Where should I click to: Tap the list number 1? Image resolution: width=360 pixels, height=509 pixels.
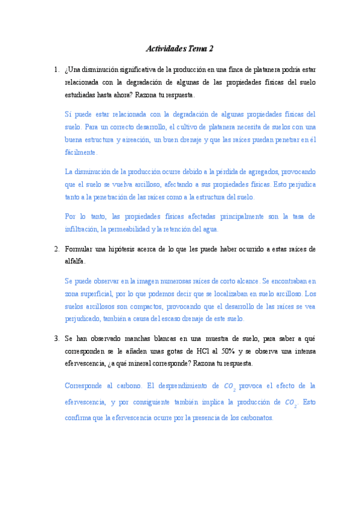(x=56, y=69)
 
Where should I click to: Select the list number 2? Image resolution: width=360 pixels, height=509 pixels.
(x=56, y=248)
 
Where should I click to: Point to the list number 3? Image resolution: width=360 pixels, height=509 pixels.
(x=56, y=338)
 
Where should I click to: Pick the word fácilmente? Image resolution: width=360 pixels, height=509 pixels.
(x=80, y=153)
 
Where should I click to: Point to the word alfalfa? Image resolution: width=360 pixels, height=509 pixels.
(x=74, y=261)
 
